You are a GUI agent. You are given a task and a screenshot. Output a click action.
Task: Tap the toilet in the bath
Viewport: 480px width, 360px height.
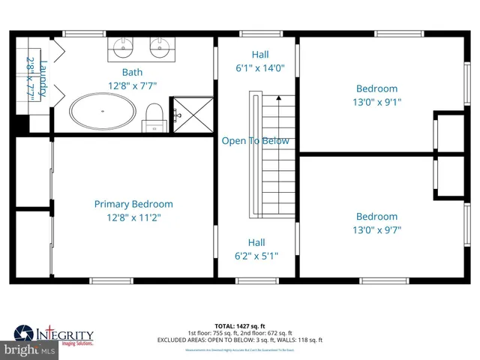coord(154,117)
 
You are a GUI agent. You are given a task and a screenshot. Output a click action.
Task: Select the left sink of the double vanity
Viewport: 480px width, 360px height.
coord(124,49)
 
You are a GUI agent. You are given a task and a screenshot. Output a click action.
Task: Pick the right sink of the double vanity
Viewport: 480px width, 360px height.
coord(159,49)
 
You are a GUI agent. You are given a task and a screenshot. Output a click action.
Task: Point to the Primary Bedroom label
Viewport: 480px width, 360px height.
coord(133,204)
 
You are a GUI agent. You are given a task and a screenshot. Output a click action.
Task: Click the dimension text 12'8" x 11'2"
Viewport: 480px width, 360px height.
coord(133,217)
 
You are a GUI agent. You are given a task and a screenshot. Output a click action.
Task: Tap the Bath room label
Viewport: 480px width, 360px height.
coord(133,73)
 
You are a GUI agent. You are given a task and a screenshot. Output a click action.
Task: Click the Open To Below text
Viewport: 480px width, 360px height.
coord(255,141)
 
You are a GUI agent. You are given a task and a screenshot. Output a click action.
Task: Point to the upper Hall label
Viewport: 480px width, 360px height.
coord(259,55)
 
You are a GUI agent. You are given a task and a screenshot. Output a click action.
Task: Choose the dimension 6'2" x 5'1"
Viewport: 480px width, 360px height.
coord(256,256)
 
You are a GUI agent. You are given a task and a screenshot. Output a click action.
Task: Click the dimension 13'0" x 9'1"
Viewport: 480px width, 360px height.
coord(376,102)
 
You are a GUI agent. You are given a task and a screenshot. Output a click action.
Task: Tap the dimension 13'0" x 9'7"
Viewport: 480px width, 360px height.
coord(376,229)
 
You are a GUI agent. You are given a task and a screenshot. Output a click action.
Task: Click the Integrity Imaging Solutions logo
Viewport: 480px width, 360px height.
coord(55,335)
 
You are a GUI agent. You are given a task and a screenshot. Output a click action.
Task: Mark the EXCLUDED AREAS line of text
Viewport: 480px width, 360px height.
coord(240,340)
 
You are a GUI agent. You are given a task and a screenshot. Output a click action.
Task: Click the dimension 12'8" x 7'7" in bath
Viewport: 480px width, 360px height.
coord(133,85)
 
